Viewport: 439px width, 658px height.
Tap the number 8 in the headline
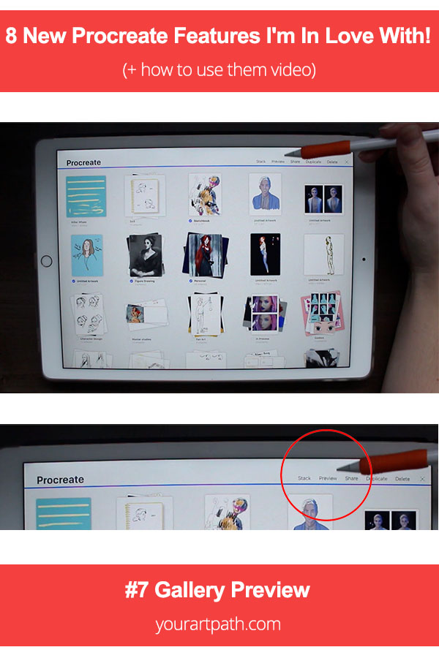pos(12,36)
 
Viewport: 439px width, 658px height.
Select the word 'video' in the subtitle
pos(296,71)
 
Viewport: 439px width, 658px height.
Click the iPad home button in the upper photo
pos(47,261)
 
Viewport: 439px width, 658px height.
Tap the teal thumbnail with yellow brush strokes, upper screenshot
pos(86,197)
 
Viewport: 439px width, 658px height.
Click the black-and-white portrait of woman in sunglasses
pos(145,255)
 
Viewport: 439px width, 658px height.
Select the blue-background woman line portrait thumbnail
pos(87,255)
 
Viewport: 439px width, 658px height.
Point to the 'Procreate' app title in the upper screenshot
pos(83,162)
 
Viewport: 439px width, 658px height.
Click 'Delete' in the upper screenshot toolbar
pos(332,162)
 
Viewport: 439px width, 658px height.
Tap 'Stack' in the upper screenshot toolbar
pos(260,161)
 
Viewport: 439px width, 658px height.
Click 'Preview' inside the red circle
pos(328,478)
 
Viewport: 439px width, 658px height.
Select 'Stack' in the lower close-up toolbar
pos(304,478)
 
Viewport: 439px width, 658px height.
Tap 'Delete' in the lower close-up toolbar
pos(402,479)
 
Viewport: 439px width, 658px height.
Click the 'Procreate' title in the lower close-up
pos(60,480)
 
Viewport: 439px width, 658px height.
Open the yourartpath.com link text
pos(218,624)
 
